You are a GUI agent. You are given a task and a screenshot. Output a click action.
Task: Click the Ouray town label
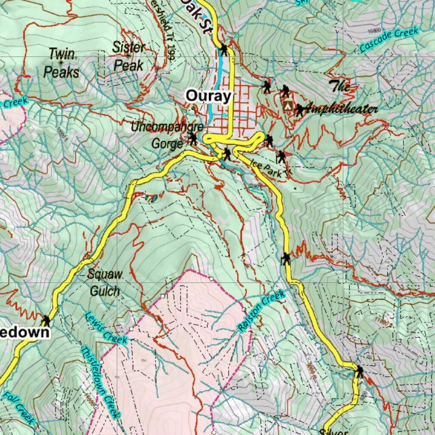(x=208, y=96)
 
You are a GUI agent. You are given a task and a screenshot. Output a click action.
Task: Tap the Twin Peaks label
(x=62, y=63)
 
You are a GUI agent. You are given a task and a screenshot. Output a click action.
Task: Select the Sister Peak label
(x=128, y=56)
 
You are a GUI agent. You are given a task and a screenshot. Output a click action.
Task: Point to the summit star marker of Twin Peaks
(x=61, y=62)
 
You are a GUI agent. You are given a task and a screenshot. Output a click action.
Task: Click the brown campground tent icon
(x=288, y=106)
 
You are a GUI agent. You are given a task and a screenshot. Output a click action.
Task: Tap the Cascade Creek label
(x=389, y=39)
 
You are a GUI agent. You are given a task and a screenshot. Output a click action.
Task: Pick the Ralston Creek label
(x=261, y=311)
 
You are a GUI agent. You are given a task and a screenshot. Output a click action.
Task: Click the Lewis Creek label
(x=106, y=328)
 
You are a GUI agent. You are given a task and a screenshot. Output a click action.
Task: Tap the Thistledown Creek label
(x=100, y=382)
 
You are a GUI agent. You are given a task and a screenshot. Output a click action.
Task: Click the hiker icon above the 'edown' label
(x=45, y=320)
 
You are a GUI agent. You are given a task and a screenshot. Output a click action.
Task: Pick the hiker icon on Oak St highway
(x=223, y=50)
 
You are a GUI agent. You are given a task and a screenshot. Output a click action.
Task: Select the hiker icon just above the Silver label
(x=359, y=372)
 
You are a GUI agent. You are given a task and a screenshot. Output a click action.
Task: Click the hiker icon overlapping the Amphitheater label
(x=299, y=110)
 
